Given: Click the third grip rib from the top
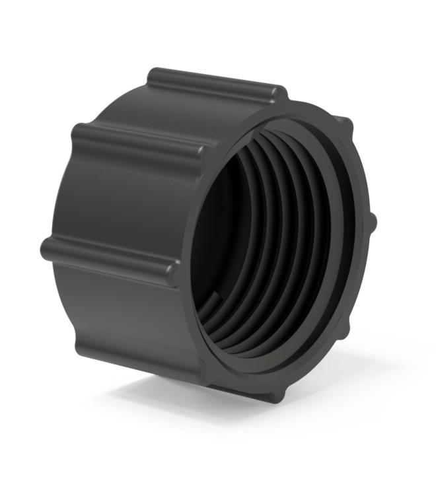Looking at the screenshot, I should tap(106, 254).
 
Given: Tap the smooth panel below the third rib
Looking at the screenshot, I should tap(126, 317).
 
